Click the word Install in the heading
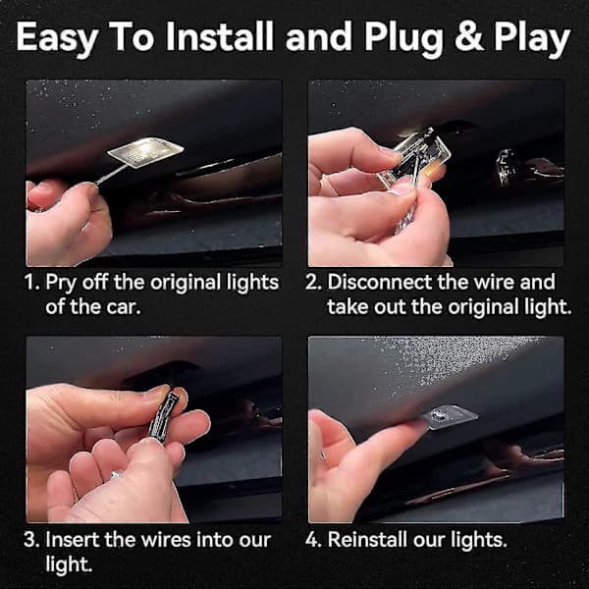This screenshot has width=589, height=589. [x=219, y=35]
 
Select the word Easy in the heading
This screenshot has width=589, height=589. [x=58, y=39]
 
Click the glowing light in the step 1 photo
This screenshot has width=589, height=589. [x=145, y=151]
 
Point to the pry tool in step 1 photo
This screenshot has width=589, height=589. [x=111, y=175]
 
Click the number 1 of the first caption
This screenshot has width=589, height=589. [x=30, y=282]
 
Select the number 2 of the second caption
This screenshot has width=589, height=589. [x=312, y=282]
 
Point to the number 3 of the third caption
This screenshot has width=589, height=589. [x=30, y=540]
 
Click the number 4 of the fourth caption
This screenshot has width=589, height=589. [x=313, y=540]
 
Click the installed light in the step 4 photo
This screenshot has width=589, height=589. [x=447, y=417]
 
